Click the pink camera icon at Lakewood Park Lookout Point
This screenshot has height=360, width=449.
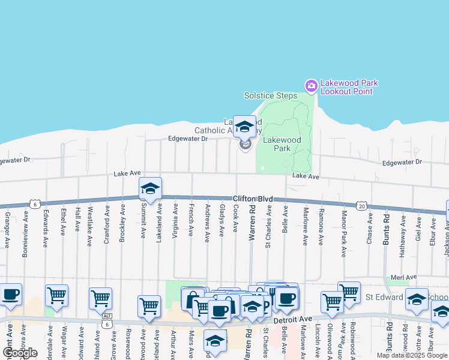click(x=311, y=86)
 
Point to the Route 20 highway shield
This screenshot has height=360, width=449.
click(x=361, y=206)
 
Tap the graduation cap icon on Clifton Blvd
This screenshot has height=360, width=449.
click(x=150, y=188)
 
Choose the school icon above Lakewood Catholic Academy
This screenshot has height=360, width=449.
click(x=244, y=126)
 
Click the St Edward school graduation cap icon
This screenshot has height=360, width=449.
click(x=417, y=299)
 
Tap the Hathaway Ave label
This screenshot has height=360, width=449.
click(x=403, y=228)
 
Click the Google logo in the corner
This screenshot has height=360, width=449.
click(x=20, y=353)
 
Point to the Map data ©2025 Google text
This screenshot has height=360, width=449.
click(x=412, y=355)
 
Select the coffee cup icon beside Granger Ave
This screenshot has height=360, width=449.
click(x=10, y=295)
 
